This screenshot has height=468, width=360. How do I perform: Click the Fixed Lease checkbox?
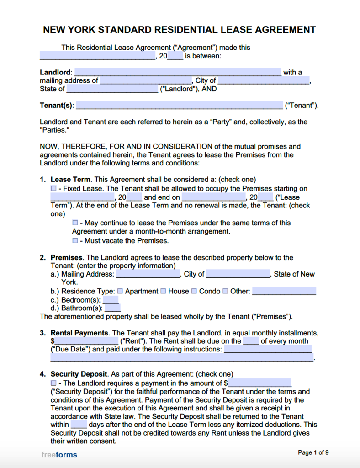(x=53, y=188)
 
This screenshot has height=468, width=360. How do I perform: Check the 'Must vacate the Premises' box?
(x=75, y=240)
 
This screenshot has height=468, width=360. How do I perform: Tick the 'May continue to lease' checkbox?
(x=75, y=223)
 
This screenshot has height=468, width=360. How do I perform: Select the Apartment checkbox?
(x=120, y=291)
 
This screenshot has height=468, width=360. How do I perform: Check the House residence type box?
(x=163, y=291)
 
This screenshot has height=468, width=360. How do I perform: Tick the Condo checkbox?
(x=194, y=291)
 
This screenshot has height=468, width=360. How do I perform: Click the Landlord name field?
(x=178, y=72)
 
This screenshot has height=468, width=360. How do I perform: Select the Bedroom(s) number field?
(x=111, y=300)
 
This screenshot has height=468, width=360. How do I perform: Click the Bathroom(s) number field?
(x=112, y=308)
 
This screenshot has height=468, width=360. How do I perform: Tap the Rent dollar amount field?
(x=86, y=341)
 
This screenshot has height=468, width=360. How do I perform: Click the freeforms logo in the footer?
(x=59, y=455)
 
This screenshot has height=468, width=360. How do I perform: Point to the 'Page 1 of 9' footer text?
(x=313, y=453)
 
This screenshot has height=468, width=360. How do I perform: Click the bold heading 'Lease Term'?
(x=71, y=180)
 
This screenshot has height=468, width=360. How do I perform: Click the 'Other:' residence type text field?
(x=284, y=291)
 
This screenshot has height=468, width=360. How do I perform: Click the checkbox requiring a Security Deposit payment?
(x=53, y=383)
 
